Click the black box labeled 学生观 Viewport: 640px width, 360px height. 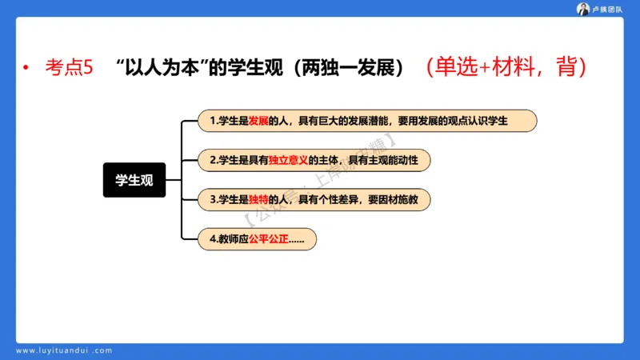(134, 180)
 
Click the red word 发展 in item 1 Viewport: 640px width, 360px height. (258, 121)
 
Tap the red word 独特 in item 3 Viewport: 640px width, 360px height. (258, 199)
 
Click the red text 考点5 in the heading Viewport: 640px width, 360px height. (69, 69)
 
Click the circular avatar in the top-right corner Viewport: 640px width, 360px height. (583, 9)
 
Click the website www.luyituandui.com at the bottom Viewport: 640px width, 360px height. (64, 350)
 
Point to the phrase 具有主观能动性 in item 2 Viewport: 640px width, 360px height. (384, 160)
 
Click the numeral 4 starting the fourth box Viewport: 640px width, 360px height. (212, 238)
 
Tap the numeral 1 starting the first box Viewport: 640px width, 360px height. (212, 121)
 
